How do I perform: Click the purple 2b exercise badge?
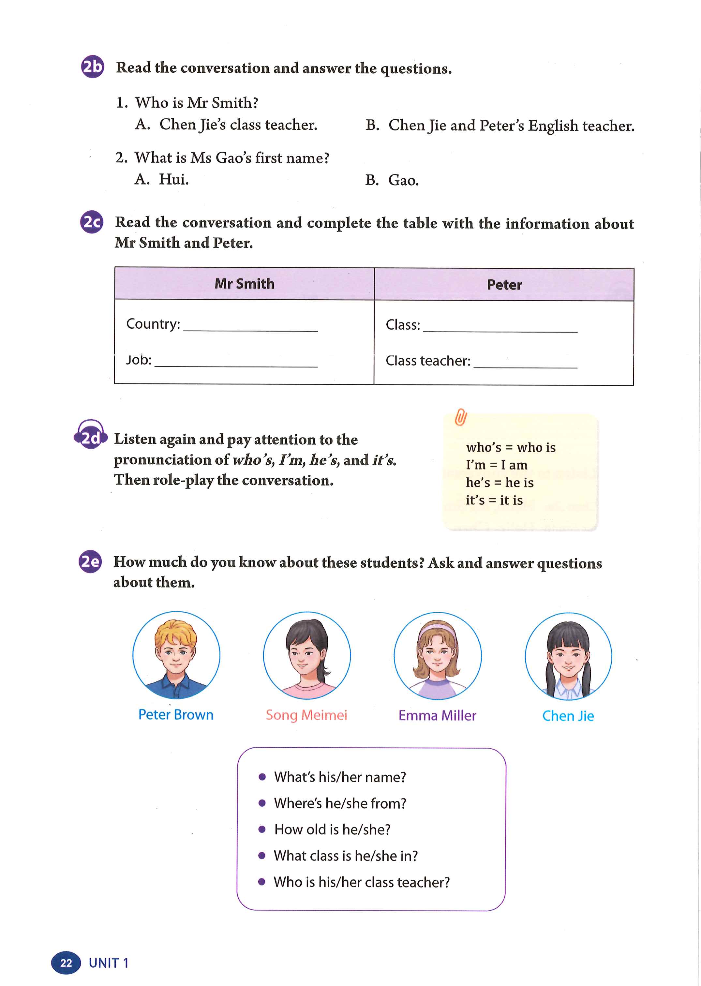[92, 67]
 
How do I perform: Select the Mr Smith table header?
[244, 284]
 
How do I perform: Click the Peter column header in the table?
[504, 285]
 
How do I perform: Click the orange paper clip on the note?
[461, 417]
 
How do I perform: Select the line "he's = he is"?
[500, 483]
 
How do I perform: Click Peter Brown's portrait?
[176, 654]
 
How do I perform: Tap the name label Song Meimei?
[306, 715]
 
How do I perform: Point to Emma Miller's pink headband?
[437, 628]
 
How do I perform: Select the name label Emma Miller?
[437, 715]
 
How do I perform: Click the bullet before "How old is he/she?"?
[261, 829]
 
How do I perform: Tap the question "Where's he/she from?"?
[340, 803]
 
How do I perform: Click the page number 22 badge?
[66, 963]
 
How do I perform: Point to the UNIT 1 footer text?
[108, 963]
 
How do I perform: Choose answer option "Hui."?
[173, 179]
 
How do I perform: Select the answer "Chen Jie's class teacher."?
[238, 125]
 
